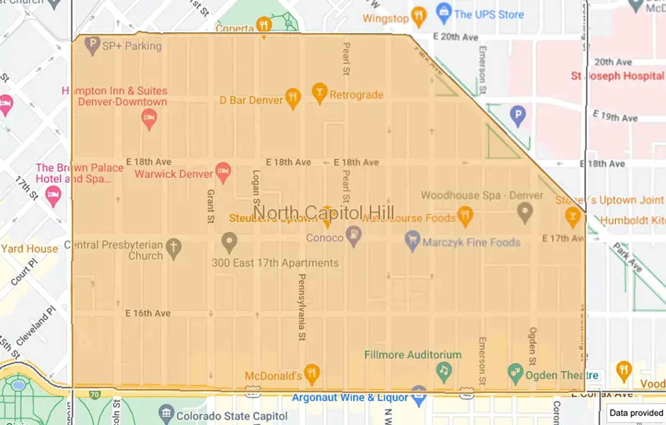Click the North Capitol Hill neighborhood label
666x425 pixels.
pos(324,212)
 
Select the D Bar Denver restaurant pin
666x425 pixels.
pos(293,97)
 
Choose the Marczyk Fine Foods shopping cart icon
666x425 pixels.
pos(412,240)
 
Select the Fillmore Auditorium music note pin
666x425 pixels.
pos(444,371)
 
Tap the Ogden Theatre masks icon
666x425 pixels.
pos(515,373)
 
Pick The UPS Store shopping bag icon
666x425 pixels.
pos(444,13)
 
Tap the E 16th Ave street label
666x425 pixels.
pos(148,313)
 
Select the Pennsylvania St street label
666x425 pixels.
pos(302,307)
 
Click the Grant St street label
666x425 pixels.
pos(211,206)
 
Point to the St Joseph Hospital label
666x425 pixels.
pos(617,76)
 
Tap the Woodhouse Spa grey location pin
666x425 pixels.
pos(524,212)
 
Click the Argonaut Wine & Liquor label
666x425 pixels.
pos(350,398)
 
